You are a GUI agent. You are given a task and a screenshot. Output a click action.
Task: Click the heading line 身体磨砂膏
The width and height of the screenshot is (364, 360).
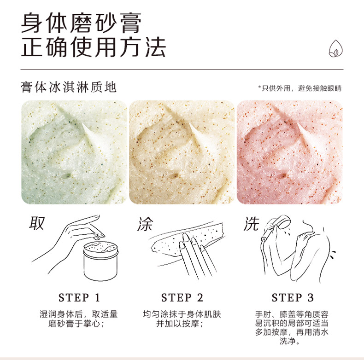81,23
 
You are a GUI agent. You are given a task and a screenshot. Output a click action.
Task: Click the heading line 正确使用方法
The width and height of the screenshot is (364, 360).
94,47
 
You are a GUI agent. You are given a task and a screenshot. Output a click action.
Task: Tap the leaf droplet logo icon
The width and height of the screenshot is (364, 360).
336,48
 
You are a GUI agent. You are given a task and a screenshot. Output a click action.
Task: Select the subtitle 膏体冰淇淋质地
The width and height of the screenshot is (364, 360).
69,87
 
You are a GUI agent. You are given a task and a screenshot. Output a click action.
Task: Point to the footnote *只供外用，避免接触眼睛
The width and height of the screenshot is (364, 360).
299,88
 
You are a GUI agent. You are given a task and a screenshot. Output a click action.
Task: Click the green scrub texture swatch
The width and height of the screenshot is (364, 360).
74,152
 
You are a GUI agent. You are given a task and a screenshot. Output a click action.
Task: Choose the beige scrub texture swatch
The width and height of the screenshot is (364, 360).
182,152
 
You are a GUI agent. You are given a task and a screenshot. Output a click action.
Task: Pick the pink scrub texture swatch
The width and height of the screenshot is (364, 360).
289,152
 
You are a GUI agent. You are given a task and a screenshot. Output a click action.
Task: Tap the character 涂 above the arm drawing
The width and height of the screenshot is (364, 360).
145,224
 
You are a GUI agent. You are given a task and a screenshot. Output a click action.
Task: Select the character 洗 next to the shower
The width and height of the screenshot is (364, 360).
252,224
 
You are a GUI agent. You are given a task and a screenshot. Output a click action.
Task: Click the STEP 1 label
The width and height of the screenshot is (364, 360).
79,297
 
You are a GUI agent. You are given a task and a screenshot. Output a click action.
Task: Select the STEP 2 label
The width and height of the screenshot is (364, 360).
182,297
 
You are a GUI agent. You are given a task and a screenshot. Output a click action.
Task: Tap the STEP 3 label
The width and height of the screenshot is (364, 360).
293,297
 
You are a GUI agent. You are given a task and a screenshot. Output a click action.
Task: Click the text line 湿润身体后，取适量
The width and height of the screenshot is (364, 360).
79,314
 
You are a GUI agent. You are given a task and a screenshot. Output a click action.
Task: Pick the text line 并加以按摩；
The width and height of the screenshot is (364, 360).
180,323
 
